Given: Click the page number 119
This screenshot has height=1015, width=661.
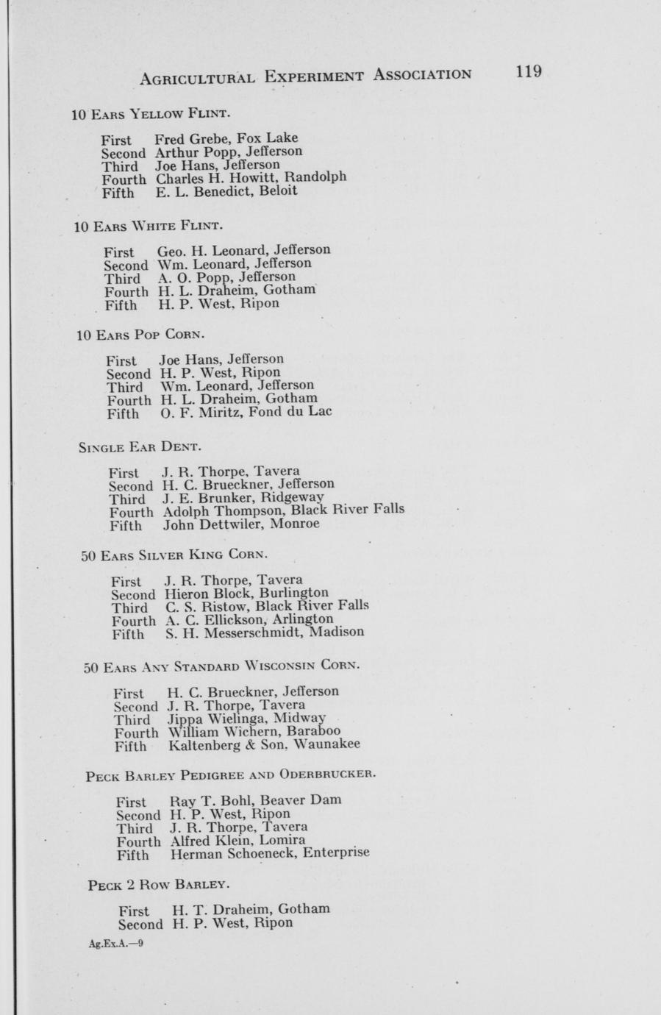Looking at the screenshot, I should tap(529, 72).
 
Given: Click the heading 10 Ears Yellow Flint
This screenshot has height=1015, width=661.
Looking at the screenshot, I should tap(151, 114).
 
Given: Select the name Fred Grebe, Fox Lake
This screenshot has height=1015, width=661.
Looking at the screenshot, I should tap(226, 138).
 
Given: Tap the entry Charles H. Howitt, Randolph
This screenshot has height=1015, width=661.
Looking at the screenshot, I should tap(251, 177).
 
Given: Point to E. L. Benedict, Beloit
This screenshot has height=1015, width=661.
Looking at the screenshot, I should tap(226, 191).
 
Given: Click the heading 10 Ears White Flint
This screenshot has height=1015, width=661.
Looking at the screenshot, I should tap(148, 224).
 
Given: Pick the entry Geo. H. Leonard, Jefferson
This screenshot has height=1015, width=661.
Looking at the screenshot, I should tap(243, 250).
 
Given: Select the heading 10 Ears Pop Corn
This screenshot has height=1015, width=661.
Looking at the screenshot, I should tap(140, 335).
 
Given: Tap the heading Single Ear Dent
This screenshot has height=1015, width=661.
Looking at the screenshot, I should tap(140, 446).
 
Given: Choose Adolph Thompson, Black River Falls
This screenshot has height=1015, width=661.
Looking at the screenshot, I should tap(283, 510).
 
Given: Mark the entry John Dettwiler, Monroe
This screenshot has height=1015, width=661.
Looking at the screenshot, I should tap(241, 524).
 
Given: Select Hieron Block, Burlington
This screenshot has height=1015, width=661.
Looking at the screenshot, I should tap(247, 593).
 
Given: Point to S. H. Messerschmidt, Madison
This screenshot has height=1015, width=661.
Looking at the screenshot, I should tap(265, 633).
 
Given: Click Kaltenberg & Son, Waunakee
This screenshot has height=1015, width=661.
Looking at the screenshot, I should tap(264, 745).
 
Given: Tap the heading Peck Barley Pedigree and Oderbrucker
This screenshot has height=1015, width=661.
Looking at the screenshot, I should tap(231, 775).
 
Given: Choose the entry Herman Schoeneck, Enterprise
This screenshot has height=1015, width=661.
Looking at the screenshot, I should tap(270, 854).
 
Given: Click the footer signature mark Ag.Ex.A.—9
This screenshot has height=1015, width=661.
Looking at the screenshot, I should tap(115, 942).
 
